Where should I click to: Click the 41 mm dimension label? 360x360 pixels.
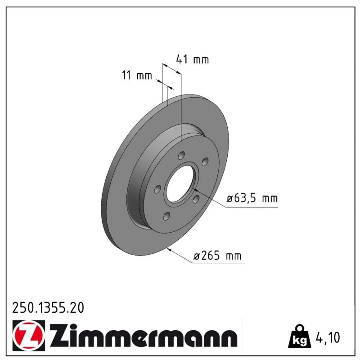point(193,59)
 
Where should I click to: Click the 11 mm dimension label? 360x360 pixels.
point(137,75)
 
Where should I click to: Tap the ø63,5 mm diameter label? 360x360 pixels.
point(252,198)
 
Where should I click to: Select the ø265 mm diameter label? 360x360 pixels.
point(217,256)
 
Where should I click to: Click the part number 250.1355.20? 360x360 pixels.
point(48,308)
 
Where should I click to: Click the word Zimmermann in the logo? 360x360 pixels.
point(144,336)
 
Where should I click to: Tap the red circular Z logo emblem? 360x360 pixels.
point(28,335)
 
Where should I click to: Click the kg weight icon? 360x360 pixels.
point(299,336)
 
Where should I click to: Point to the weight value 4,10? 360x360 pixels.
point(328,337)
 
